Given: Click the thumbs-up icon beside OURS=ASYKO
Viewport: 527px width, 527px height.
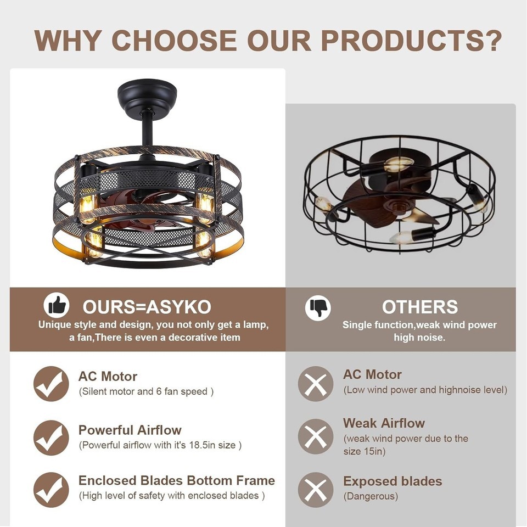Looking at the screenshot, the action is pyautogui.click(x=57, y=305).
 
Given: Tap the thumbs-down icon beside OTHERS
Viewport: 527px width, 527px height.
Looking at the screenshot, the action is pyautogui.click(x=318, y=307).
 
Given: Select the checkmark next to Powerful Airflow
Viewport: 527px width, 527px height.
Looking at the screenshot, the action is pyautogui.click(x=51, y=438).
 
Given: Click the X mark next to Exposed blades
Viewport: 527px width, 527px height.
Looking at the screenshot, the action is pyautogui.click(x=316, y=490).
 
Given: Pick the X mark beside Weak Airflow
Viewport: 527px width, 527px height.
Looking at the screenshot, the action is pyautogui.click(x=316, y=436).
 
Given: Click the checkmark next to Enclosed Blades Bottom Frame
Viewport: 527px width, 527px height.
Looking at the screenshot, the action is pyautogui.click(x=51, y=490).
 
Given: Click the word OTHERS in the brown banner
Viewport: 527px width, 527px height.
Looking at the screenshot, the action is pyautogui.click(x=420, y=306).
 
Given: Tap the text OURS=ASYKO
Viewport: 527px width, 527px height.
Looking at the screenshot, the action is pyautogui.click(x=147, y=306).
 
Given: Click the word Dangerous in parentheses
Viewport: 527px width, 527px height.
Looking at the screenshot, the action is pyautogui.click(x=371, y=496).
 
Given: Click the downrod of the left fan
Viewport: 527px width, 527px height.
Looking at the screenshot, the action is pyautogui.click(x=147, y=133).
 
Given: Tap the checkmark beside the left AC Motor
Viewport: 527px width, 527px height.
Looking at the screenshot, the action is pyautogui.click(x=51, y=384).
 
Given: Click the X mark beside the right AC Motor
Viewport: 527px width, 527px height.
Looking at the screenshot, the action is pyautogui.click(x=316, y=384).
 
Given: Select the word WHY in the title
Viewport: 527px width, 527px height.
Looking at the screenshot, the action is pyautogui.click(x=68, y=41).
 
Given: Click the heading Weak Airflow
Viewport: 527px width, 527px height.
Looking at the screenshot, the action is pyautogui.click(x=384, y=423).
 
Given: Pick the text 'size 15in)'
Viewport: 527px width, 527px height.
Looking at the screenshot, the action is pyautogui.click(x=365, y=451).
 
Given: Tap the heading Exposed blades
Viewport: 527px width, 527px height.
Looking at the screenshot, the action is pyautogui.click(x=393, y=481).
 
